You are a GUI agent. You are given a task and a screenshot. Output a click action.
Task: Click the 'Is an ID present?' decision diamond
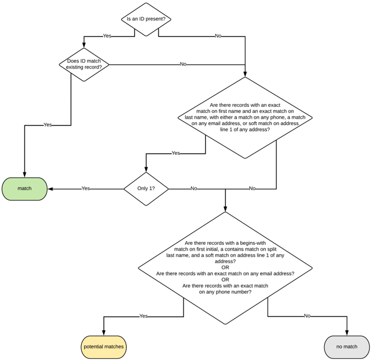pyautogui.click(x=146, y=19)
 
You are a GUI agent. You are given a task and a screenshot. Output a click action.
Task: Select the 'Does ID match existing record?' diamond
pyautogui.click(x=84, y=64)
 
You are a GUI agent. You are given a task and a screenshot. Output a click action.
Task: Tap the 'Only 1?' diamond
pyautogui.click(x=146, y=189)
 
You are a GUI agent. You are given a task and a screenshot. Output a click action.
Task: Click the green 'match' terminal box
pyautogui.click(x=25, y=189)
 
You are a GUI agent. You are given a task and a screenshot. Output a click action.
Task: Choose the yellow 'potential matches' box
pyautogui.click(x=103, y=347)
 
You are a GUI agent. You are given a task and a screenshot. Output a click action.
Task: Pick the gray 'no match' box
pyautogui.click(x=346, y=347)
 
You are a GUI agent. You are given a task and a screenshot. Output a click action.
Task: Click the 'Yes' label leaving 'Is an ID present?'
pyautogui.click(x=107, y=36)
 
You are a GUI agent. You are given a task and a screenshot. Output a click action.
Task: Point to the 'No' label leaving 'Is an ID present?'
pyautogui.click(x=218, y=36)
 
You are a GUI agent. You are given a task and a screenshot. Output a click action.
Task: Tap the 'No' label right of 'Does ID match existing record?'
pyautogui.click(x=183, y=64)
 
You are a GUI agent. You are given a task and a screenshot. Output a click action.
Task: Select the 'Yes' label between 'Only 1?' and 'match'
pyautogui.click(x=85, y=189)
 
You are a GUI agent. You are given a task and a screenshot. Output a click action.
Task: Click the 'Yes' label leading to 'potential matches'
pyautogui.click(x=143, y=316)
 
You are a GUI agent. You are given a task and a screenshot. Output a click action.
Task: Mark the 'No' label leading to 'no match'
pyautogui.click(x=307, y=316)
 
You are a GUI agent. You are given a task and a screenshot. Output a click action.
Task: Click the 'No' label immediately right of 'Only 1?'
pyautogui.click(x=193, y=189)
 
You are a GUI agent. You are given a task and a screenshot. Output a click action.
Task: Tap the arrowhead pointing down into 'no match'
pyautogui.click(x=346, y=333)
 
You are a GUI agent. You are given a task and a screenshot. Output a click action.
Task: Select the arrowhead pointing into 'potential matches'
pyautogui.click(x=103, y=333)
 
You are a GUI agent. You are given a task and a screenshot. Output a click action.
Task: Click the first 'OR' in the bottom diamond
pyautogui.click(x=225, y=268)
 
